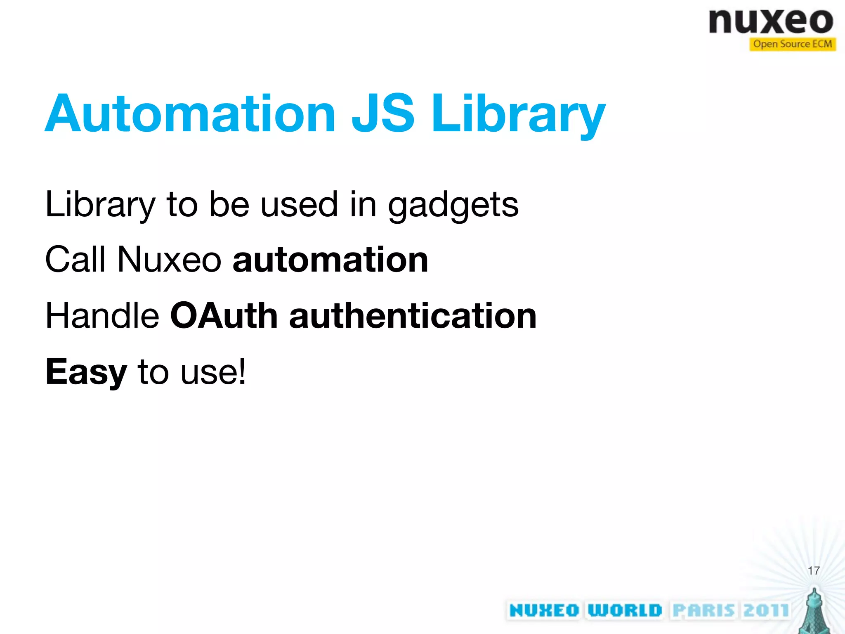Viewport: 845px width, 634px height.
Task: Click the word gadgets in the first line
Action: click(x=453, y=206)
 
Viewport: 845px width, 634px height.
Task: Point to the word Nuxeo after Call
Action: click(x=169, y=260)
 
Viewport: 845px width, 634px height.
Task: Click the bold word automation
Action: click(x=330, y=260)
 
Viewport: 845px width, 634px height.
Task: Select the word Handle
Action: click(x=102, y=316)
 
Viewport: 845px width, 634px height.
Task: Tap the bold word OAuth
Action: click(x=224, y=316)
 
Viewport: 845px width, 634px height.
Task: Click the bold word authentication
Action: click(x=413, y=316)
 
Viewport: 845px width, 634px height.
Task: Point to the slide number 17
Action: click(x=814, y=571)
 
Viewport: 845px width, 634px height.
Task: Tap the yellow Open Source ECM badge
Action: click(x=792, y=44)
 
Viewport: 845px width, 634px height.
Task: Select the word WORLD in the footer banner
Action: click(x=625, y=610)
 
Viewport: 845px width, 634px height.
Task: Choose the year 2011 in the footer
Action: click(x=766, y=610)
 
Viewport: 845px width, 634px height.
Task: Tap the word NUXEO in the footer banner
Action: click(x=544, y=610)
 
